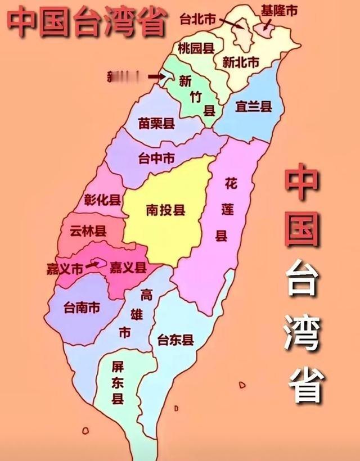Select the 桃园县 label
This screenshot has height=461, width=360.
pyautogui.click(x=196, y=48)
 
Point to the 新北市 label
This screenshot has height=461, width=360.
pyautogui.click(x=241, y=62)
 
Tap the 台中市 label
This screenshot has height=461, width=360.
pyautogui.click(x=156, y=159)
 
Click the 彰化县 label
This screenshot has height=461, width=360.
pyautogui.click(x=102, y=200)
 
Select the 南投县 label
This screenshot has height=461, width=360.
pyautogui.click(x=165, y=211)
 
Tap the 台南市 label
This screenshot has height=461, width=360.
pyautogui.click(x=82, y=308)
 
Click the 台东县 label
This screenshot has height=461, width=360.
pyautogui.click(x=175, y=340)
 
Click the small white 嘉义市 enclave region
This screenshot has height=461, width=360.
pyautogui.click(x=99, y=262)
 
